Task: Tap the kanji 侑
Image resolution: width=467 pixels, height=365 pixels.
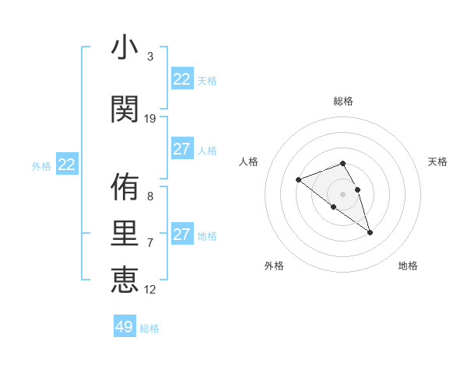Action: coord(125,187)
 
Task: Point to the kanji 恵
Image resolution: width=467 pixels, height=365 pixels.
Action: coord(125,279)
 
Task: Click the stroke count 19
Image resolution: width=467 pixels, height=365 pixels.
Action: coord(150,119)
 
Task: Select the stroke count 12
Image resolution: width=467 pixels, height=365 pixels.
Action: coord(150,290)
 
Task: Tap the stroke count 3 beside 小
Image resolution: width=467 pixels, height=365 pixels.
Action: coord(150,57)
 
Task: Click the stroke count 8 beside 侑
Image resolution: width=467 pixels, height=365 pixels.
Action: coord(150,197)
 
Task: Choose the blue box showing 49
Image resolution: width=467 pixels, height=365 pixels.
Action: coord(125,327)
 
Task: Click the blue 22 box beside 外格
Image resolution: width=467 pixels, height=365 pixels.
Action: coord(67,165)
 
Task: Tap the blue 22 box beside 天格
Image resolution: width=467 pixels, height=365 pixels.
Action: coord(182,79)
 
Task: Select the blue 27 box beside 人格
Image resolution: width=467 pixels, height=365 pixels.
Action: coord(182,149)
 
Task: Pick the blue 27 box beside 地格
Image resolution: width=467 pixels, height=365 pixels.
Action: coord(182,235)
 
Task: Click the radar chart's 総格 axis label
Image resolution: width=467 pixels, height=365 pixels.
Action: coord(343,101)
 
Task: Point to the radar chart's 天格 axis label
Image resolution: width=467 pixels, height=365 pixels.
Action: coord(437,162)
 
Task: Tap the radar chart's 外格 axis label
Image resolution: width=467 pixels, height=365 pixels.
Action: coord(274,266)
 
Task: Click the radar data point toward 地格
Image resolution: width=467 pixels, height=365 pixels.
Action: coord(370,232)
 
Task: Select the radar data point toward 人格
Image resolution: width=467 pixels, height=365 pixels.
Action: coord(298,180)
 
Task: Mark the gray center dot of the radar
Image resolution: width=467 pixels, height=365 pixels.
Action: coord(343,194)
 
